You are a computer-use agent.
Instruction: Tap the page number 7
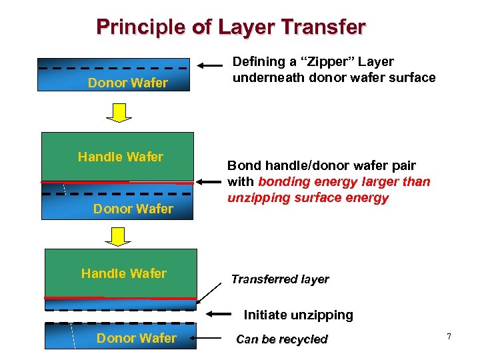[449, 337]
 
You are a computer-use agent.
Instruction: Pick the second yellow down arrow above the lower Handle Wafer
[119, 235]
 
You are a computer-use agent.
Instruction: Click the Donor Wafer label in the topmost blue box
[128, 83]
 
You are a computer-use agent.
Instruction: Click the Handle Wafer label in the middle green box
[120, 157]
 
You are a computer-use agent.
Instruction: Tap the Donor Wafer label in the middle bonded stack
[133, 209]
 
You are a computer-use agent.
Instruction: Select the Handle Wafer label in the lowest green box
[123, 273]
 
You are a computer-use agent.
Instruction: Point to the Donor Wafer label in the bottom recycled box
[136, 338]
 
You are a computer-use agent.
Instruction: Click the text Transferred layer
[279, 279]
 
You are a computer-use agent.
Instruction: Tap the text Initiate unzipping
[298, 315]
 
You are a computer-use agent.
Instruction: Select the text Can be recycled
[281, 339]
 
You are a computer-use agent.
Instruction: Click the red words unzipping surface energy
[307, 198]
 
